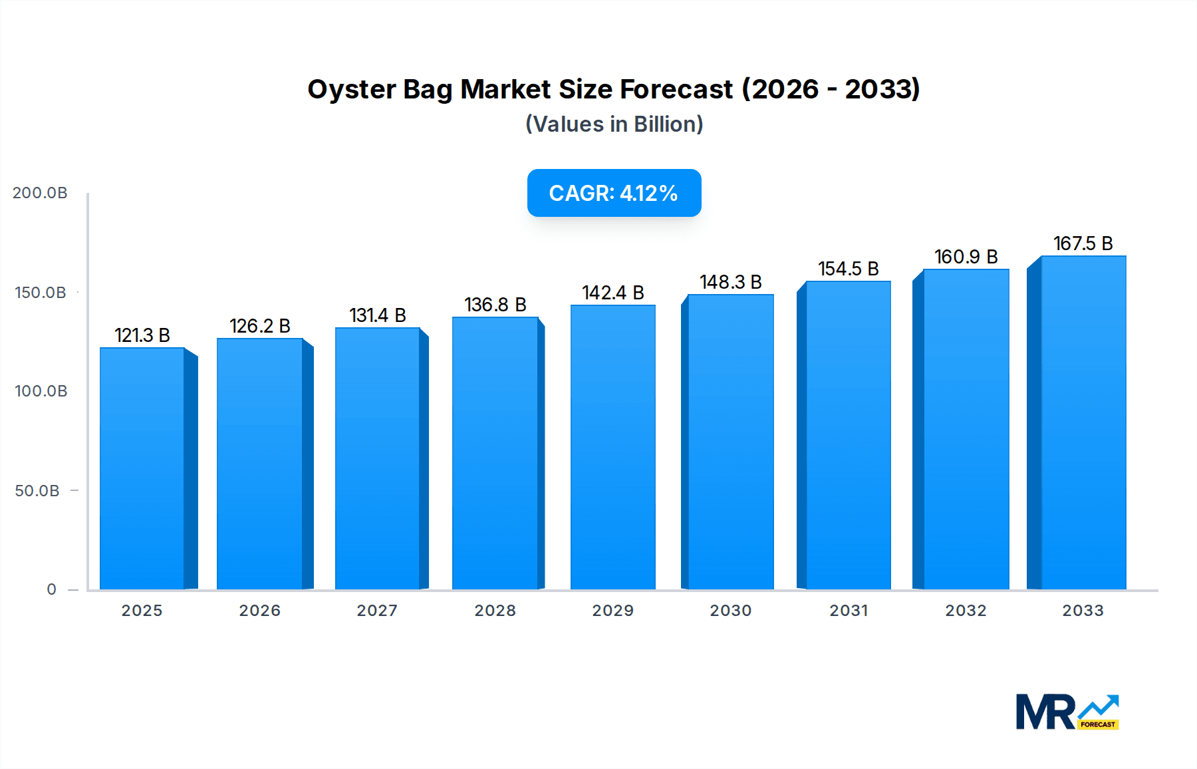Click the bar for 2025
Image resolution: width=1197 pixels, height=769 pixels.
point(142,468)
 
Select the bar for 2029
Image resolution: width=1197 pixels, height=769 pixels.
point(613,447)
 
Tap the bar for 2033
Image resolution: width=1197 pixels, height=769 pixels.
point(1083,422)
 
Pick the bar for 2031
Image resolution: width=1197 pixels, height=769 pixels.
point(849,435)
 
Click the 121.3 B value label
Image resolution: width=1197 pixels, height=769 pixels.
point(142,335)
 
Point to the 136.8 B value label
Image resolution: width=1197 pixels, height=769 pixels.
point(495,305)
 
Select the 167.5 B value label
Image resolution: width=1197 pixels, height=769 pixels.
point(1083,243)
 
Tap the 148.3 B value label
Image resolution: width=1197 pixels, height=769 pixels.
point(731,282)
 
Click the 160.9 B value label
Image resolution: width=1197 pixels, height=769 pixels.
point(966,257)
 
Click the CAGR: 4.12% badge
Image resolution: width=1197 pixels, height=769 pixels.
point(614,193)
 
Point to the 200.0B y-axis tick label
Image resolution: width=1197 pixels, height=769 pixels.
point(40,193)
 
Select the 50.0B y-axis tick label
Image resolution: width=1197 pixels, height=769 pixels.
point(37,491)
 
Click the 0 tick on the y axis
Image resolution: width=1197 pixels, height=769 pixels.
point(51,589)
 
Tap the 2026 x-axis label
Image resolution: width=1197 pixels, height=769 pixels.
point(260,611)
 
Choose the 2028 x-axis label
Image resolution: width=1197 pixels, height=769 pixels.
point(495,611)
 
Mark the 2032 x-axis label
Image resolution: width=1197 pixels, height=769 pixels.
point(966,611)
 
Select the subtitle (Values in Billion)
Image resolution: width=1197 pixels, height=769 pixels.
point(614,124)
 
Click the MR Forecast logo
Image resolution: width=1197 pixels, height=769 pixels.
point(1067,712)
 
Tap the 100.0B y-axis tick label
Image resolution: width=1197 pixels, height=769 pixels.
point(41,391)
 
